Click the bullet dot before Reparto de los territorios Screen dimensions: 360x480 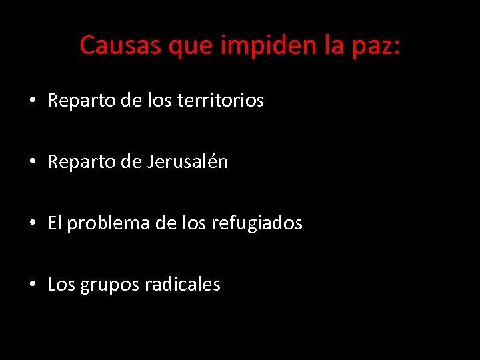(x=31, y=101)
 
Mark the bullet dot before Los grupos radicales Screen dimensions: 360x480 (x=31, y=285)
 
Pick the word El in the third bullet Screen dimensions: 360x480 (x=54, y=223)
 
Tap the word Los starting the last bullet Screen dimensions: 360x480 (x=61, y=285)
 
